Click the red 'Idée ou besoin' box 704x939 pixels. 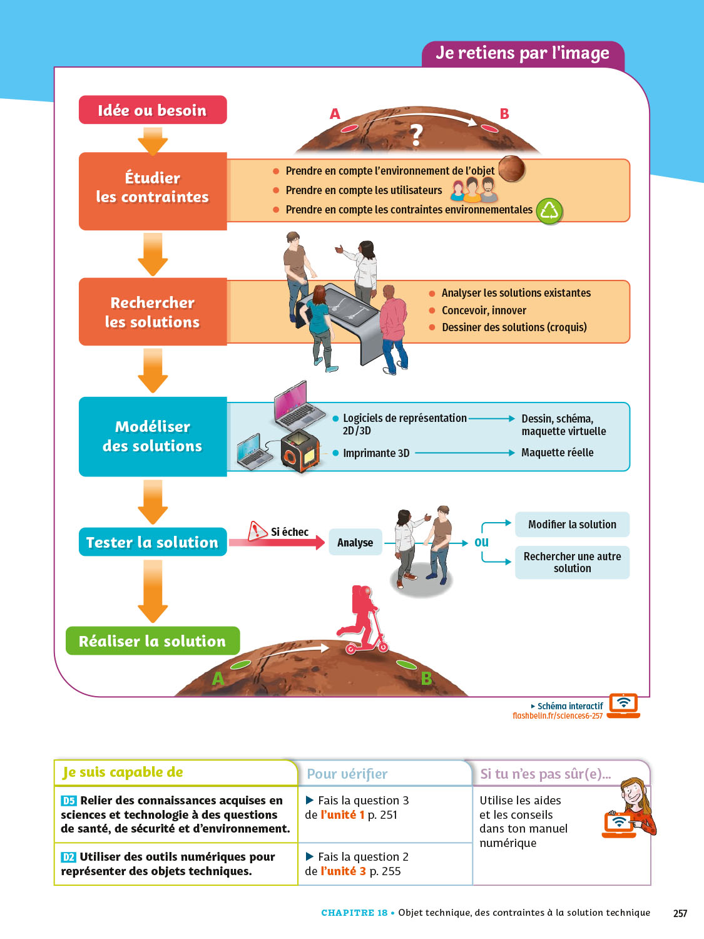(152, 110)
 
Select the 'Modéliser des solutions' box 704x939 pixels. (152, 436)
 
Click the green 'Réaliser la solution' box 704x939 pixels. (152, 641)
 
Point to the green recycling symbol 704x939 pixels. (549, 212)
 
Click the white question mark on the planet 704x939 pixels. (416, 135)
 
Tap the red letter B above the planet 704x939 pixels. (504, 114)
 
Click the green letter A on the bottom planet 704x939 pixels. (218, 679)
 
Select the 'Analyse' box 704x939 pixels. (355, 543)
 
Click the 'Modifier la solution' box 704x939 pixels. (572, 525)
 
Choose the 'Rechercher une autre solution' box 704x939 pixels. (572, 562)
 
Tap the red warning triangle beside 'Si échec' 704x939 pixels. (257, 531)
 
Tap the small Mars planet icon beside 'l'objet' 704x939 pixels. (511, 168)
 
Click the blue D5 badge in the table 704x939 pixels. (69, 801)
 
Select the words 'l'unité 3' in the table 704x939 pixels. (343, 871)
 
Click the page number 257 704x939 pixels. (680, 913)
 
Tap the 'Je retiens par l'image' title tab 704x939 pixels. (523, 53)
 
